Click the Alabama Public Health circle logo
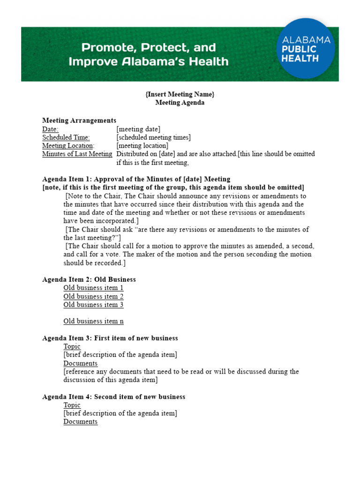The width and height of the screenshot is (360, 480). [306, 48]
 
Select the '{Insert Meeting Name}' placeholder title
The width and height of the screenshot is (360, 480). [180, 94]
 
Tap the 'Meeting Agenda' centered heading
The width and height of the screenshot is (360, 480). [180, 103]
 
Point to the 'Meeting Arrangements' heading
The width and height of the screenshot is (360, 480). [79, 120]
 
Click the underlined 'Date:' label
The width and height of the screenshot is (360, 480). [50, 129]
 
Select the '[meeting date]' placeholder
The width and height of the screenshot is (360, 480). [138, 129]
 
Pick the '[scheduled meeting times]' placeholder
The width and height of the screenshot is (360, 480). [153, 137]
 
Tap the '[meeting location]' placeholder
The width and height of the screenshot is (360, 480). [142, 146]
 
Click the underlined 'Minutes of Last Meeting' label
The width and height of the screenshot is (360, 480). [77, 154]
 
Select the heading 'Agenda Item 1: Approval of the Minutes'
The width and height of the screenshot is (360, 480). [136, 179]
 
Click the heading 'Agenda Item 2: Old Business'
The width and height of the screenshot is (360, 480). [89, 279]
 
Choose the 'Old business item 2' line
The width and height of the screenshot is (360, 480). [94, 296]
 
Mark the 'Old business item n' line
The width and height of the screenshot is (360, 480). [94, 321]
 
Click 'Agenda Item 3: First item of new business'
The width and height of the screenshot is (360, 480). [110, 338]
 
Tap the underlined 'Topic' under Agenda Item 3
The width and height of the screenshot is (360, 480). [72, 346]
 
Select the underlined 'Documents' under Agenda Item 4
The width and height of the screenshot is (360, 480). [81, 421]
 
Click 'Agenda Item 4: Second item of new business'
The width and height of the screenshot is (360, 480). [114, 397]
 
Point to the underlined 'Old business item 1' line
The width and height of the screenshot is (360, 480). [94, 288]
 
